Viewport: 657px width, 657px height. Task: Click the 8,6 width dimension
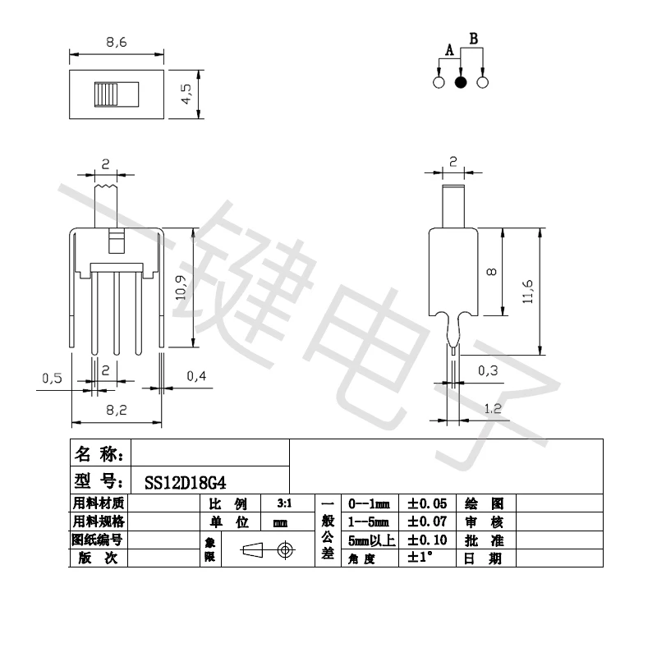pos(116,43)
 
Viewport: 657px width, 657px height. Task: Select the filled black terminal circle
pos(461,82)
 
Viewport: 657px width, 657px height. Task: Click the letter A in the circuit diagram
pos(448,51)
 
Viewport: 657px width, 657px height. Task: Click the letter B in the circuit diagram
pos(473,38)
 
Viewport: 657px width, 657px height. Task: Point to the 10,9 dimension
pos(181,287)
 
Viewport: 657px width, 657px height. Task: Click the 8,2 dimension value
pos(116,408)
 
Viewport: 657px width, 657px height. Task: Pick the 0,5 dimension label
pos(52,378)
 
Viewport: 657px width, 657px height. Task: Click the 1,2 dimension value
pos(493,408)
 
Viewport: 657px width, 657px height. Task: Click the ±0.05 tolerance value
pos(427,503)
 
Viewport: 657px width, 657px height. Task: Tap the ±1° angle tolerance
pos(420,558)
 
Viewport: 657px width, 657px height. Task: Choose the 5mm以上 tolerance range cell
pos(371,540)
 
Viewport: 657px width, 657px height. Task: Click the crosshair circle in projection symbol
pos(285,549)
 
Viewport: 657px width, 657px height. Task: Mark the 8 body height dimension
pos(490,272)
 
